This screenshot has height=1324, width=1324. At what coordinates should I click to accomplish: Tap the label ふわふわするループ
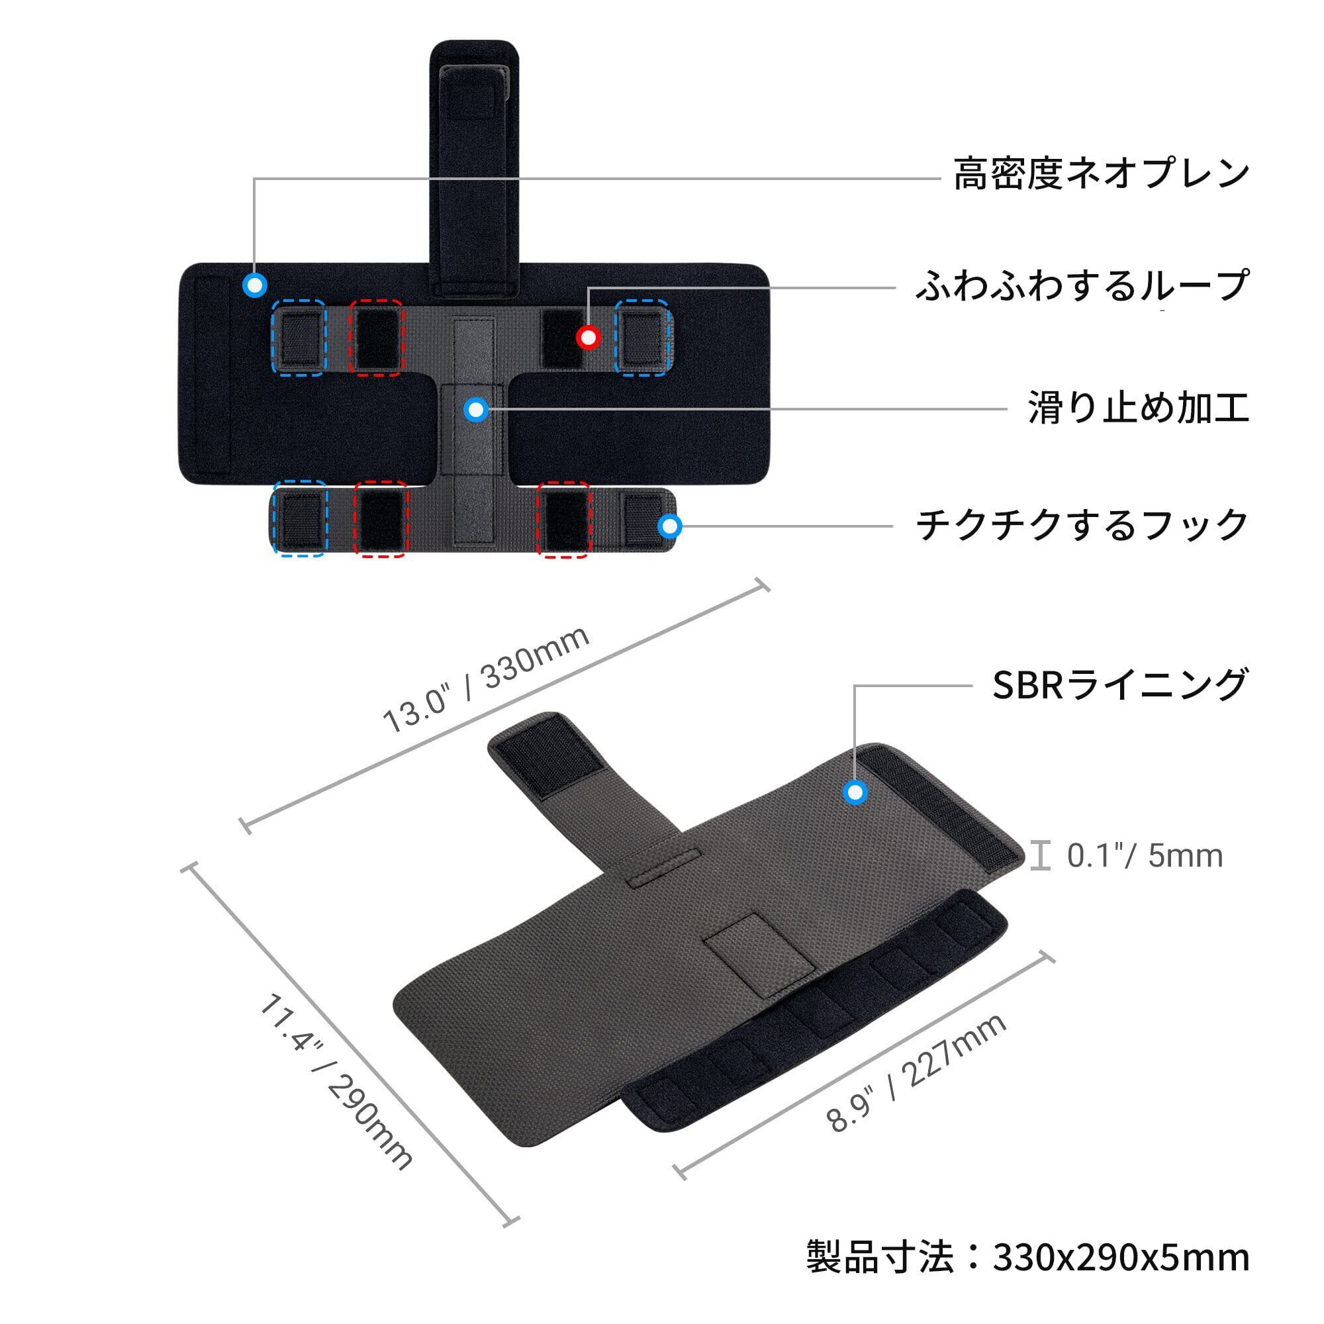pos(1081,287)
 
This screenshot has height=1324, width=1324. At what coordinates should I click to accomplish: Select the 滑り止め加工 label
pos(1138,409)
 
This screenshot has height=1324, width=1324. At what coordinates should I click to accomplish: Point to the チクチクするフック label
pos(1082,526)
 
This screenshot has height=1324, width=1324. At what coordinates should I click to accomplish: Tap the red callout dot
pos(588,337)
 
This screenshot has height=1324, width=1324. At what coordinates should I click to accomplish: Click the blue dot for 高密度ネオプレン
pos(255,285)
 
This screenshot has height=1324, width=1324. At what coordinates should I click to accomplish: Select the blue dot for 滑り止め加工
pos(475,410)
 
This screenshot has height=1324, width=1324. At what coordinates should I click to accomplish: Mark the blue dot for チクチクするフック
pos(669,526)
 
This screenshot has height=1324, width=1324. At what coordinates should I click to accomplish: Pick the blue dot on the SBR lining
pos(855,793)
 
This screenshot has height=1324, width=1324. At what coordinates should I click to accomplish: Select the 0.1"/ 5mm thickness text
pos(1145,856)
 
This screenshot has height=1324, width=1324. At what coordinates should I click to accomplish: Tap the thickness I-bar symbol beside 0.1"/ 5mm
pos(1041,856)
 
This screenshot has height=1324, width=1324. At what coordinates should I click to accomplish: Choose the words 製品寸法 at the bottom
pos(879,1258)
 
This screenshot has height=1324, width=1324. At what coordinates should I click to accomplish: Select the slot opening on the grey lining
pos(663,869)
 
